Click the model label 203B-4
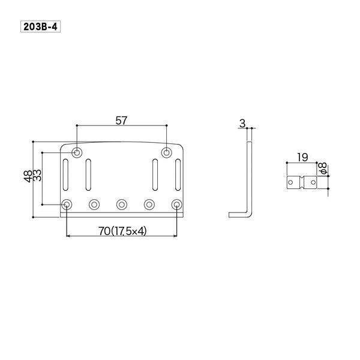pos(40,26)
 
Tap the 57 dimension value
pos(121,121)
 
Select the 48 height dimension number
pos(28,176)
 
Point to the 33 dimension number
pos(37,175)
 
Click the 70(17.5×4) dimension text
pos(122,231)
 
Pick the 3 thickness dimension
pos(242,124)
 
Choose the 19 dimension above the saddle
pos(302,157)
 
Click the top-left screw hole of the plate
pos(77,152)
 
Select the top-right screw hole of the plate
pos(166,152)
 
